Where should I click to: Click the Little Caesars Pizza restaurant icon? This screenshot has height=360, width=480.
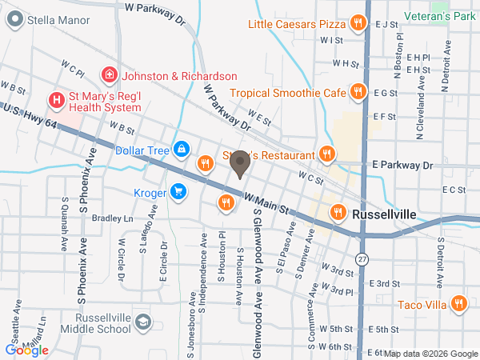click(360, 24)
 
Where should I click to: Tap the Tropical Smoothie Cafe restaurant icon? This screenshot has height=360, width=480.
click(360, 92)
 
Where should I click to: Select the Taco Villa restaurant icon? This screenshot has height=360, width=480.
click(458, 303)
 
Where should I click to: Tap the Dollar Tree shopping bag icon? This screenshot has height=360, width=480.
click(182, 150)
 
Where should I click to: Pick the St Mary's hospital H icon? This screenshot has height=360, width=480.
click(56, 100)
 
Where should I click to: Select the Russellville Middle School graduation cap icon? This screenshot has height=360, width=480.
click(142, 322)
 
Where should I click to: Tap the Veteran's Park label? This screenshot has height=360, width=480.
click(440, 16)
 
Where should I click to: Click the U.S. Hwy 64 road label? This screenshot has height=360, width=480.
click(30, 114)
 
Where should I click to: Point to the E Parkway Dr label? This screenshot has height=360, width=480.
click(402, 165)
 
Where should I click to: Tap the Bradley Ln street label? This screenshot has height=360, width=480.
click(112, 218)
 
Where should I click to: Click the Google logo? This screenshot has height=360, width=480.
click(26, 350)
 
